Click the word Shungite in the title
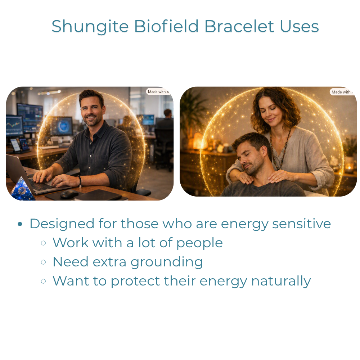pyautogui.click(x=90, y=27)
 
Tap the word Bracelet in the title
pyautogui.click(x=239, y=26)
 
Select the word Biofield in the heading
pyautogui.click(x=166, y=26)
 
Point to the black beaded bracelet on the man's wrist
pyautogui.click(x=80, y=181)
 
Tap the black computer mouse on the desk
pyautogui.click(x=69, y=194)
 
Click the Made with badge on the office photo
pyautogui.click(x=158, y=91)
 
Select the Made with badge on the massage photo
pyautogui.click(x=342, y=92)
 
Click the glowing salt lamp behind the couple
pyautogui.click(x=198, y=141)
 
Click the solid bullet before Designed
pyautogui.click(x=20, y=224)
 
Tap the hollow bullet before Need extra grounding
pyautogui.click(x=43, y=262)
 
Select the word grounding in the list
pyautogui.click(x=167, y=262)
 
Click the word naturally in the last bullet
pyautogui.click(x=281, y=281)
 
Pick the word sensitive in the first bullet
pyautogui.click(x=301, y=224)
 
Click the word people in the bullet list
pyautogui.click(x=199, y=243)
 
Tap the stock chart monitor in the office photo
pyautogui.click(x=14, y=125)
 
